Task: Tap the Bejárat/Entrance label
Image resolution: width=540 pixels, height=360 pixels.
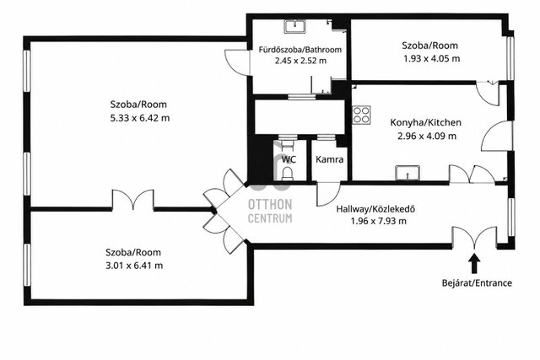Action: point(477,283)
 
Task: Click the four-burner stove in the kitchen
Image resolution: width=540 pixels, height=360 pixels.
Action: point(361,115)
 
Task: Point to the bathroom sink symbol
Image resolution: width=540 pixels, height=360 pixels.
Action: point(294,26)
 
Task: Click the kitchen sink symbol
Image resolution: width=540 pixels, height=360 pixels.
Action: point(408,173)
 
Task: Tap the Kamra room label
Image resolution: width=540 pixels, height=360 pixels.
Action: point(330,159)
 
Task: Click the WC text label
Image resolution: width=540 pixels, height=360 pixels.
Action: point(289,159)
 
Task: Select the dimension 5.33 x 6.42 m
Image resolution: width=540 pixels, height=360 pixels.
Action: point(140,118)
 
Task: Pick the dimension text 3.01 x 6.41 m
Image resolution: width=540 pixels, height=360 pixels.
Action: point(134,266)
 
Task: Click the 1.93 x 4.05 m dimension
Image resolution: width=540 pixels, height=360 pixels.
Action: point(432,58)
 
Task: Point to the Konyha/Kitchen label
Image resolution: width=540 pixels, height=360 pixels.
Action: point(425,122)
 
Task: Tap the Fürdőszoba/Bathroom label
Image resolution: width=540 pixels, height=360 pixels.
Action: point(300,50)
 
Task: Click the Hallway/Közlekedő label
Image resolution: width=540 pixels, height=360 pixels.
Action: point(375,209)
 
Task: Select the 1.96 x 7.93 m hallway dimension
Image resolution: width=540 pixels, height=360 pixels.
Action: point(379,221)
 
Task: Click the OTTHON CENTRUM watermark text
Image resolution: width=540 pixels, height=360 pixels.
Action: point(270,211)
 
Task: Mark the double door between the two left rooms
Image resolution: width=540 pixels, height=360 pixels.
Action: point(133,200)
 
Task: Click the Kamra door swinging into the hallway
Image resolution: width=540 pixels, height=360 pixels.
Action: point(327,194)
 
